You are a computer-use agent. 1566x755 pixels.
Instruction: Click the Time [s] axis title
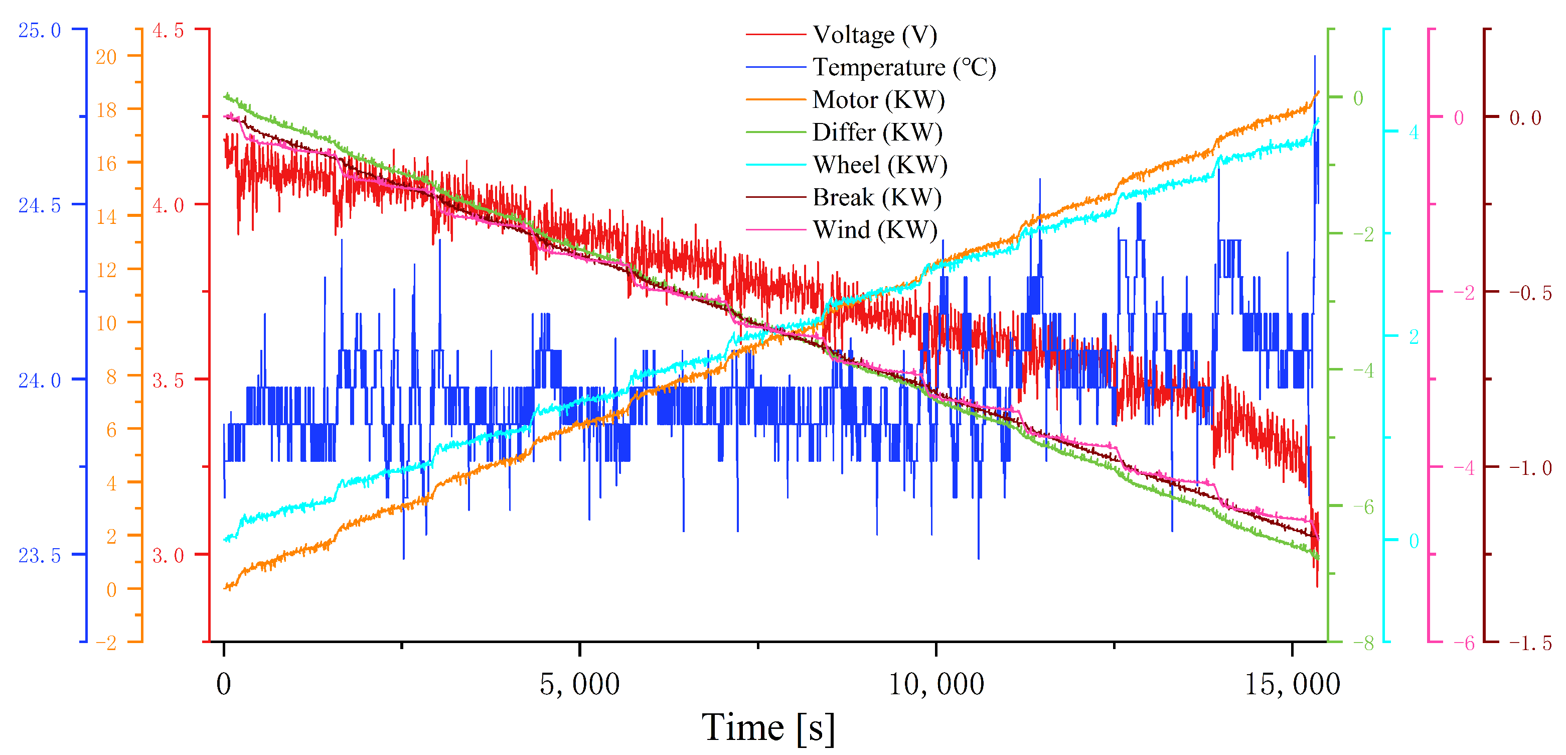point(768,727)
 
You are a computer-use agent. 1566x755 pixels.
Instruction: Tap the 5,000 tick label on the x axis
point(579,684)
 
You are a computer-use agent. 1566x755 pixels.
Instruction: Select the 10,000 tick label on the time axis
point(935,684)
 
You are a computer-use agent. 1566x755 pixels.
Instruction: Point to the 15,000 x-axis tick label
point(1292,684)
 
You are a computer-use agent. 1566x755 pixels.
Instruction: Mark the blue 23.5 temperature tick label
point(40,555)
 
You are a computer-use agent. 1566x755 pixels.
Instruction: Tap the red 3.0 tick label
point(168,555)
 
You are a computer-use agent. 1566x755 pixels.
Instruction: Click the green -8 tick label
point(1363,643)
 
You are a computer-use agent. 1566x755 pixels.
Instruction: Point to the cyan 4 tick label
point(1414,132)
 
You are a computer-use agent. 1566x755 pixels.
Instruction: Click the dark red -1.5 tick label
point(1530,643)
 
